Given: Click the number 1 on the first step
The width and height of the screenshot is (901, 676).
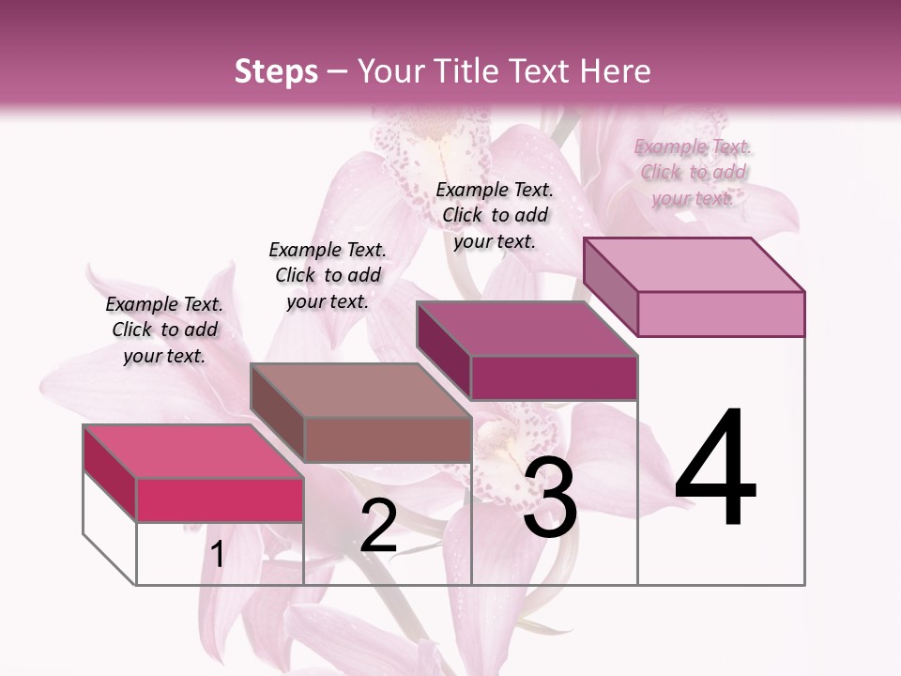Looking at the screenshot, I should pyautogui.click(x=217, y=555).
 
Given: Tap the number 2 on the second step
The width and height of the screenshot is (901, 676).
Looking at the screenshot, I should pyautogui.click(x=378, y=527).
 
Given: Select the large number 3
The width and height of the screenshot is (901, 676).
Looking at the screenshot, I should pyautogui.click(x=550, y=499).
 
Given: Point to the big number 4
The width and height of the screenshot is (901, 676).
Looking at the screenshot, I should pyautogui.click(x=715, y=469).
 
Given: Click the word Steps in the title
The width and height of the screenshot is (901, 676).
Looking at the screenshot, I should pyautogui.click(x=276, y=71).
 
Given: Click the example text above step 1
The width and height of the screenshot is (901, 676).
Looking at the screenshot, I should pyautogui.click(x=164, y=330).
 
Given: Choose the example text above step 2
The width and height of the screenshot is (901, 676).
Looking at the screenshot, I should pyautogui.click(x=328, y=275).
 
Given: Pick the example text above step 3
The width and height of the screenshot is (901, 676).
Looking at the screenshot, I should pyautogui.click(x=495, y=215).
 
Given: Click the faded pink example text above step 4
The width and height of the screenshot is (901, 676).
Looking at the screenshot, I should pyautogui.click(x=693, y=172).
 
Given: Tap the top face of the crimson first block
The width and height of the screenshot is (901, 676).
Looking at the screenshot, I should pyautogui.click(x=193, y=451).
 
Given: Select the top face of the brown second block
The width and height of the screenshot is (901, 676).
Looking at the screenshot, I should pyautogui.click(x=360, y=390).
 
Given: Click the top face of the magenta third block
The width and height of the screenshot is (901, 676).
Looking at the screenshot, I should pyautogui.click(x=527, y=329).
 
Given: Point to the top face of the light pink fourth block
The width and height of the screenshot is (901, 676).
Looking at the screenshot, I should pyautogui.click(x=694, y=264).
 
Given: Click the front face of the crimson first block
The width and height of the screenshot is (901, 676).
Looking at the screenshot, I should pyautogui.click(x=220, y=499).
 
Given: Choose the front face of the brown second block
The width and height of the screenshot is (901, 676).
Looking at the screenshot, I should pyautogui.click(x=387, y=439).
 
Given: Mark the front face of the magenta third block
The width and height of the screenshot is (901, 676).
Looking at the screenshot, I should pyautogui.click(x=554, y=377).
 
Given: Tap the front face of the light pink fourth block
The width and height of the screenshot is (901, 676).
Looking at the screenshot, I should pyautogui.click(x=721, y=314).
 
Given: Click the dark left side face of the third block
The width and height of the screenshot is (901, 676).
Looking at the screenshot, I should pyautogui.click(x=443, y=349).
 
